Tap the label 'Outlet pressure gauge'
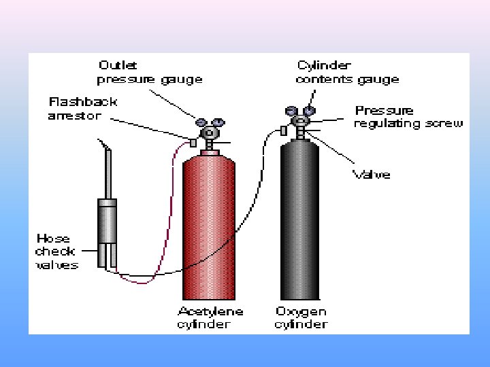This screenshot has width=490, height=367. pyautogui.click(x=150, y=73)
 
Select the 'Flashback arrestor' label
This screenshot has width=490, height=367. pyautogui.click(x=83, y=109)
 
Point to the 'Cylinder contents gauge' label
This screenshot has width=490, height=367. pyautogui.click(x=347, y=73)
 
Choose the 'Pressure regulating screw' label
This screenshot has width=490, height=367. pyautogui.click(x=408, y=117)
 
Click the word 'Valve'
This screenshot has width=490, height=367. pyautogui.click(x=372, y=175)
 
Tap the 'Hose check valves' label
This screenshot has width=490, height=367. pyautogui.click(x=57, y=251)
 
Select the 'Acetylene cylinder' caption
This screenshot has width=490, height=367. pyautogui.click(x=210, y=318)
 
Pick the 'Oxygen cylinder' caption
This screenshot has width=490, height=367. pyautogui.click(x=301, y=318)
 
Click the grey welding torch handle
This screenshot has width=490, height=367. pyautogui.click(x=107, y=221)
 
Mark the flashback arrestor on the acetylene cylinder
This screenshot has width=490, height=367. pyautogui.click(x=193, y=143)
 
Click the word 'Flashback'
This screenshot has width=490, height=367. pyautogui.click(x=83, y=102)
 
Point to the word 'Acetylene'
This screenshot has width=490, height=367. pyautogui.click(x=210, y=312)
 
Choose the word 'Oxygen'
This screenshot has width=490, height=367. pyautogui.click(x=301, y=312)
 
